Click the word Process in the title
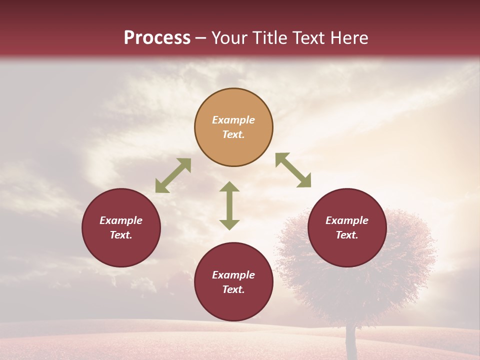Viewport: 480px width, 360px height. click(157, 38)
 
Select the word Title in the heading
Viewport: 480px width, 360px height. click(270, 38)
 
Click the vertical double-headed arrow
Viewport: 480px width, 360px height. click(229, 205)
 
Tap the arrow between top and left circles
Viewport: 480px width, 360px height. click(173, 175)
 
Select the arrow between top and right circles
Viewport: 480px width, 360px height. click(293, 170)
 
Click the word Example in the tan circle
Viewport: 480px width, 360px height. click(233, 120)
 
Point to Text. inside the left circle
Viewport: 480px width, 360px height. click(121, 235)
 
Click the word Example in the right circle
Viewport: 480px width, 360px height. click(347, 220)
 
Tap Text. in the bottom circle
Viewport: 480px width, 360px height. click(233, 289)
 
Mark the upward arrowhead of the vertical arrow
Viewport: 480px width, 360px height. click(229, 186)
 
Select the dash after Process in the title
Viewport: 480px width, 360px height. click(200, 38)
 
